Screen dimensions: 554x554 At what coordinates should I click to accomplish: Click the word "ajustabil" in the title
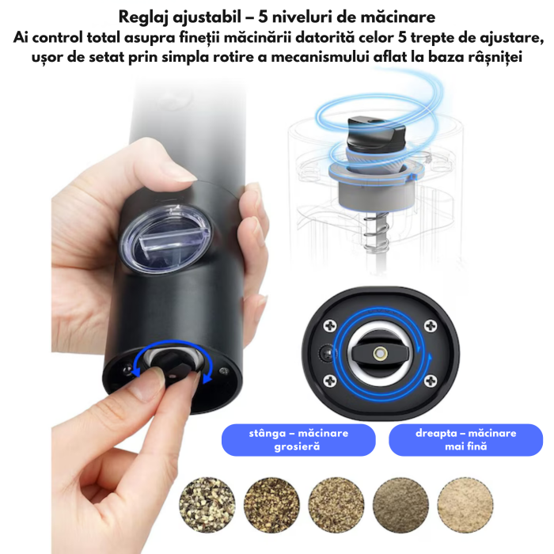tap(209, 17)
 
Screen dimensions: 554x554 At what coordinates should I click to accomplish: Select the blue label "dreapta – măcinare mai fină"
tap(465, 439)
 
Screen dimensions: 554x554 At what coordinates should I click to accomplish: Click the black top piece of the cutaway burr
tap(375, 131)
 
